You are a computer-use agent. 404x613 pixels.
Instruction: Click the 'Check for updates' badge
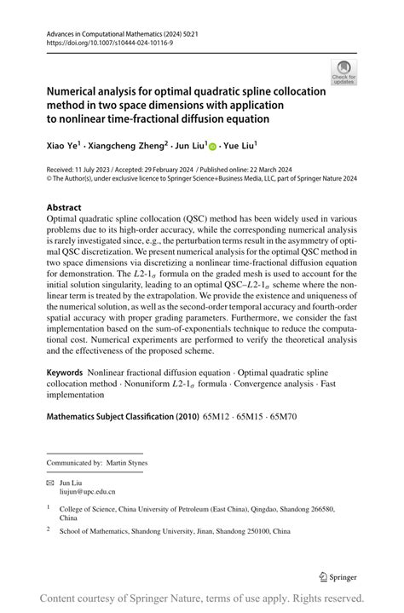[343, 72]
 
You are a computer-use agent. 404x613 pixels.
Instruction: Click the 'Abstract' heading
[64, 207]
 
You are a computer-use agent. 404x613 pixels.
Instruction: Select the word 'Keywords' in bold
[65, 373]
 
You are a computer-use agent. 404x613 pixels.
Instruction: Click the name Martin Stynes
[126, 463]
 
